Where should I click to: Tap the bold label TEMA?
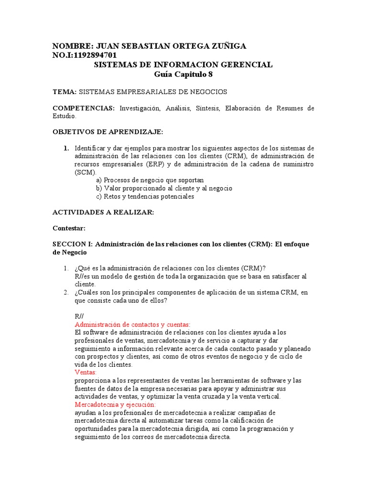click(64, 91)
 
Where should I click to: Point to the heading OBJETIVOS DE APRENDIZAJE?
click(108, 131)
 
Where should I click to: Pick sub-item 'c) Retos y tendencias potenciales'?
click(145, 196)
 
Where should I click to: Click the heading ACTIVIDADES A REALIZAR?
click(103, 213)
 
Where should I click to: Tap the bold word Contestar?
click(69, 228)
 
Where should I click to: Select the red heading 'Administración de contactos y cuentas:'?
click(132, 324)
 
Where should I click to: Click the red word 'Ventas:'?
click(86, 372)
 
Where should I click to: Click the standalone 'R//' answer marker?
click(79, 316)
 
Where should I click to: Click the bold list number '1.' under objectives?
click(67, 148)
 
